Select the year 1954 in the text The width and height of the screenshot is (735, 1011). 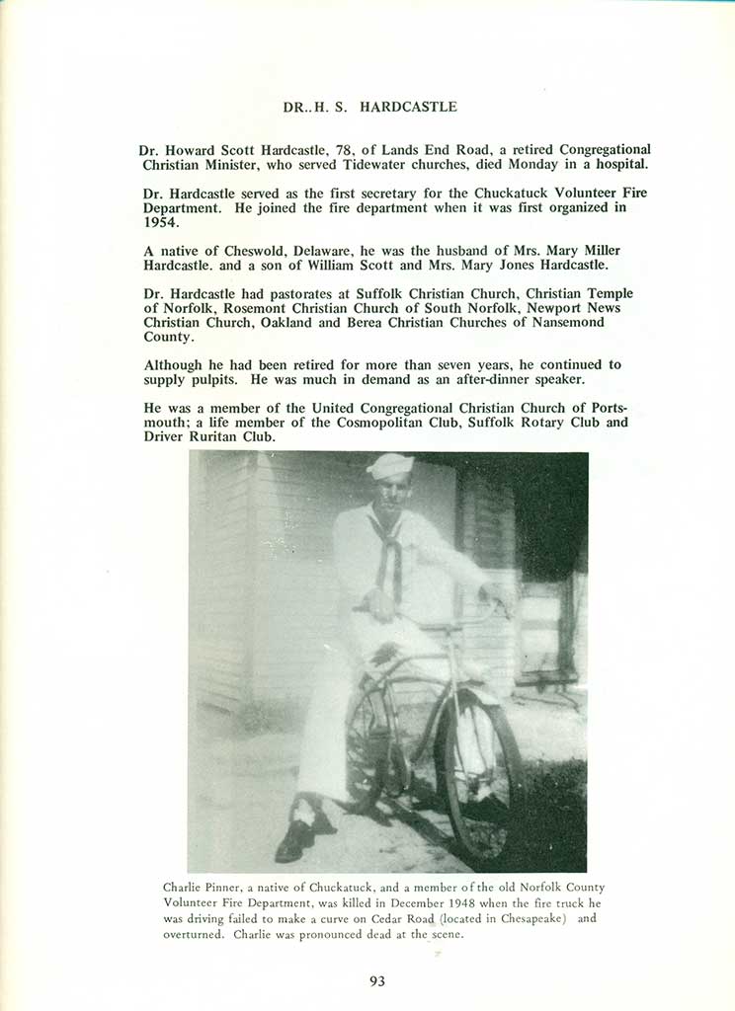click(x=161, y=222)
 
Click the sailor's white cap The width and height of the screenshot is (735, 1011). click(x=391, y=465)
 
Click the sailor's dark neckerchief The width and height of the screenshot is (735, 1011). click(x=387, y=553)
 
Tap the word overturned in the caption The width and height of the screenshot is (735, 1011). click(x=195, y=934)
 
